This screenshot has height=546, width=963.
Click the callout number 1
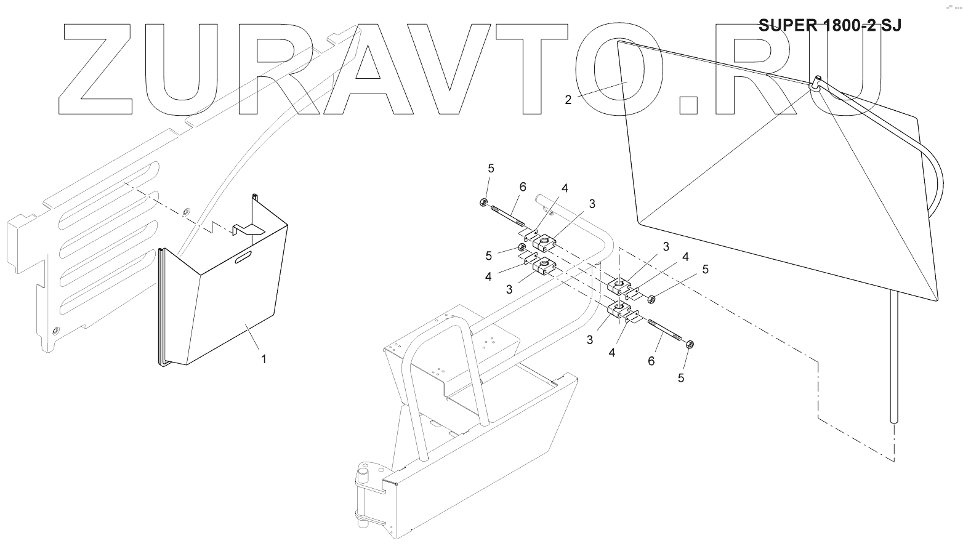264,359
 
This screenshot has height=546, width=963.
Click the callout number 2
568,100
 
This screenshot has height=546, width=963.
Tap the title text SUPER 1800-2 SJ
830,25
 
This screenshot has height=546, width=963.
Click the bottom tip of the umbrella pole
895,420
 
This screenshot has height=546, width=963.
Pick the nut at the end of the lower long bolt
690,345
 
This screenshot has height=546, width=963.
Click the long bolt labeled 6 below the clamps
665,333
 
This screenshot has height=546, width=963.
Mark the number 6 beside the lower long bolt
651,361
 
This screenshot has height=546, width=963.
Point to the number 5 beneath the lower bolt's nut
681,378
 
